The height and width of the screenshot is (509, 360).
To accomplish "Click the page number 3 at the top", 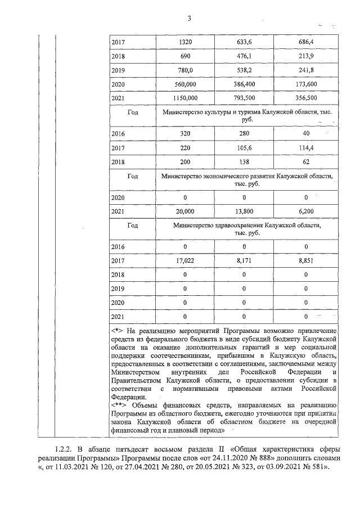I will tap(190, 18).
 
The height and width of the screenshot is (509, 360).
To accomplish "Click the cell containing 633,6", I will tap(244, 42).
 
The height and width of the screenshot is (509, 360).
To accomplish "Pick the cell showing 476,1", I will tap(244, 58).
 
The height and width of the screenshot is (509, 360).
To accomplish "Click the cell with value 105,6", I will tap(244, 148).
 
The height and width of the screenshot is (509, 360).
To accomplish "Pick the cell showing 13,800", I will tap(244, 211).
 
